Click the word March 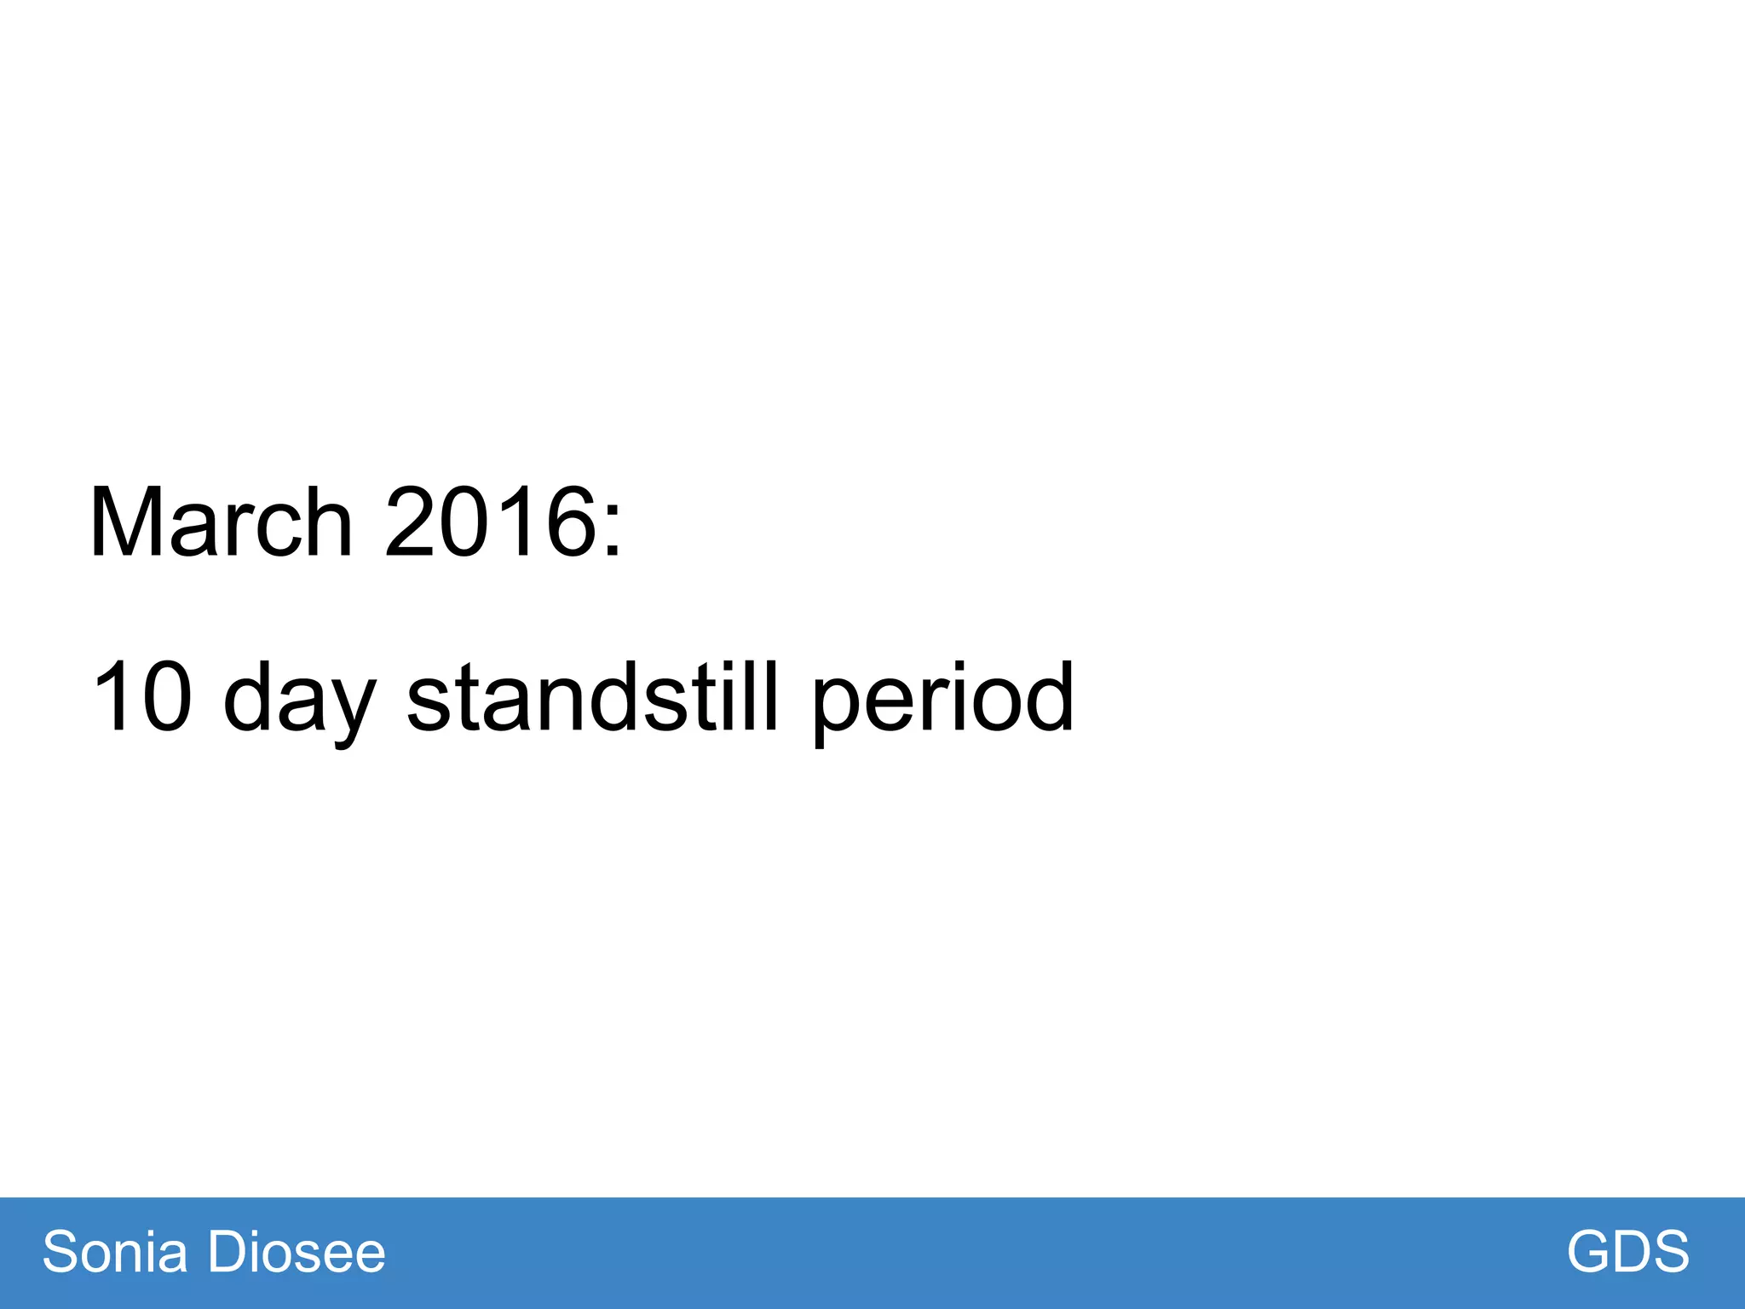(x=221, y=522)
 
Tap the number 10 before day (x=141, y=697)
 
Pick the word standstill (x=593, y=697)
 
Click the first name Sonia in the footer (x=115, y=1252)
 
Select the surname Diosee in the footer (x=297, y=1252)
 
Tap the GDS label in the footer (x=1627, y=1252)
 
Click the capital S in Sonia (x=60, y=1252)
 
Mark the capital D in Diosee (x=228, y=1252)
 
